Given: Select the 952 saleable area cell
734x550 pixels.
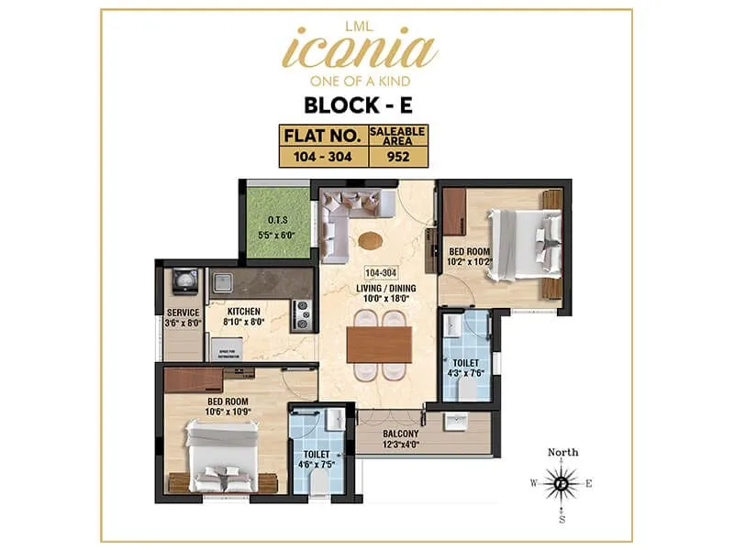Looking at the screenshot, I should coord(397,156).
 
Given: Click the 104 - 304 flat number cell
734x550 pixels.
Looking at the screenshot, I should coord(324,156).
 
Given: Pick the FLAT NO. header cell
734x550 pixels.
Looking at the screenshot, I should coord(324,137).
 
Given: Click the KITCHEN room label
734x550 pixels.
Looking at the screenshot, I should coord(245,311).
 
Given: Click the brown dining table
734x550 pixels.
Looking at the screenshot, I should coord(380,342).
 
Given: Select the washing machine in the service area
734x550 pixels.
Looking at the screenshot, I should coord(183,279).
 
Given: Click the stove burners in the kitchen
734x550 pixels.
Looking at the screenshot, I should coord(302,315).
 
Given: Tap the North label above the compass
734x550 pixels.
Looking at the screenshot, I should coord(562,452).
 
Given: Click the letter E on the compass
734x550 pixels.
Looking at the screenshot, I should coord(589,483).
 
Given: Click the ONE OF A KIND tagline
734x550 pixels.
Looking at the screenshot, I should coord(366,79).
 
